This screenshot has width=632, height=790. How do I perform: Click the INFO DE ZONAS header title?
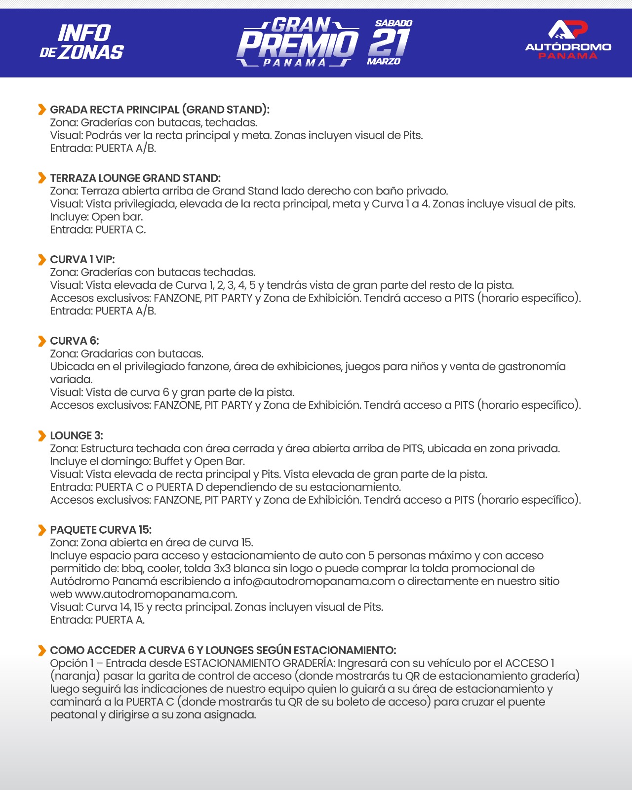(82, 42)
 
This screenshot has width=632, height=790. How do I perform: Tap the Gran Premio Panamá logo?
(298, 42)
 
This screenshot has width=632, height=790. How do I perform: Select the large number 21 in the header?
(389, 42)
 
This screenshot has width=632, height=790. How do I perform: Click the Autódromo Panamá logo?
(568, 39)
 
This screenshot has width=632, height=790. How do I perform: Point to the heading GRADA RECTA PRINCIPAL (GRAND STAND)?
(159, 110)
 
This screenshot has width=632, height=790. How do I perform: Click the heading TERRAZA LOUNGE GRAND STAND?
(135, 178)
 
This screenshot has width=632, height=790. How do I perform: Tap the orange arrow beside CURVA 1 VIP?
(42, 260)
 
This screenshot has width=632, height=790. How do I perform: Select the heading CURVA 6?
(75, 341)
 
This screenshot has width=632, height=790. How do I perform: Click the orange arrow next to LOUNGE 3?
(42, 436)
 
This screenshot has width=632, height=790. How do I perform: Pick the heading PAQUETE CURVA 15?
(101, 530)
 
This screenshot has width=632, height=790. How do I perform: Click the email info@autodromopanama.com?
(314, 581)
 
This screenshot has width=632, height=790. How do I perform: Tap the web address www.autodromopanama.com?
(156, 594)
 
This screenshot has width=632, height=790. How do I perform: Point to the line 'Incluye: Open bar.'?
(96, 217)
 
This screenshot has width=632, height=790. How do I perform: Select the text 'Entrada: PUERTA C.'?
(98, 230)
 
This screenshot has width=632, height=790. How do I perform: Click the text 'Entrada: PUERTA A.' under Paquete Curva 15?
(97, 620)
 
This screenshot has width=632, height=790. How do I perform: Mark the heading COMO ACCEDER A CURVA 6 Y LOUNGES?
(223, 650)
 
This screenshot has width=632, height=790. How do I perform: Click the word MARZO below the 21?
(384, 62)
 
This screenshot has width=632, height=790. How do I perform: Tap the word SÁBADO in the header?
(394, 23)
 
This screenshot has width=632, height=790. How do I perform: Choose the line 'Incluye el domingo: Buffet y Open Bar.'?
(147, 461)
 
